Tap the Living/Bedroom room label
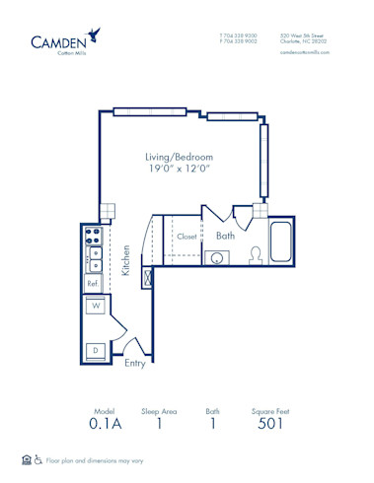tap(180, 157)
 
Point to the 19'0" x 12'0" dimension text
tap(180, 171)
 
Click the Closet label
tap(187, 237)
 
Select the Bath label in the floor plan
tap(225, 236)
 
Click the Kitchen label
tap(126, 259)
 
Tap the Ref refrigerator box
tap(93, 283)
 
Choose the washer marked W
tap(97, 308)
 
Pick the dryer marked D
tap(96, 350)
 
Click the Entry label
tap(135, 362)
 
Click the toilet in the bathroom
tap(253, 255)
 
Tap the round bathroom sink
tap(216, 258)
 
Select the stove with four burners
tap(94, 237)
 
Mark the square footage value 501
tap(270, 424)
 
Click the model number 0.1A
tap(106, 424)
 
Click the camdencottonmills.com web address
tap(302, 52)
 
